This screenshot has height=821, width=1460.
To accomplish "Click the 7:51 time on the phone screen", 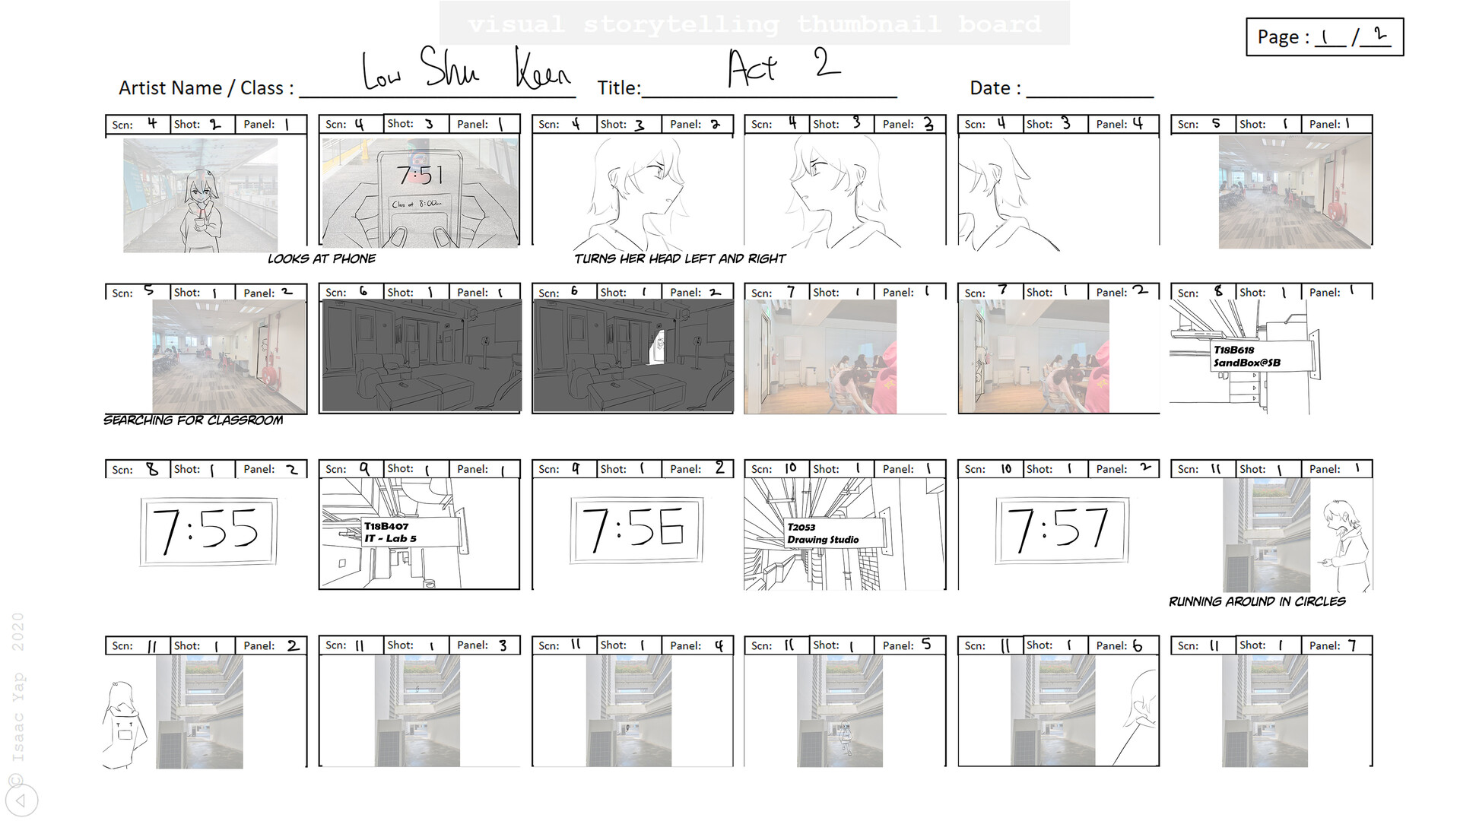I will pyautogui.click(x=419, y=176).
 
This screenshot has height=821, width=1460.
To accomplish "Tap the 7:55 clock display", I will pyautogui.click(x=208, y=531).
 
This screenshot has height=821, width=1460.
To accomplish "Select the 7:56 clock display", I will pyautogui.click(x=636, y=529).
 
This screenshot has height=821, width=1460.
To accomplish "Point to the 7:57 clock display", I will pyautogui.click(x=1062, y=529).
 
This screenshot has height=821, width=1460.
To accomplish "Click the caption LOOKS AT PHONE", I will pyautogui.click(x=321, y=259).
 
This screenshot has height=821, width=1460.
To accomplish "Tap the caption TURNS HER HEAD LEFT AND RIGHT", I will pyautogui.click(x=679, y=259).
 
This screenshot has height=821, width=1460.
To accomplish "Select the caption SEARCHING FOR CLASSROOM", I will pyautogui.click(x=193, y=420).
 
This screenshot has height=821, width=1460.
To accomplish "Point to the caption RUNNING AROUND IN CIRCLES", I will pyautogui.click(x=1256, y=601).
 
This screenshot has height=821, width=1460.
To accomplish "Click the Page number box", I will pyautogui.click(x=1324, y=37).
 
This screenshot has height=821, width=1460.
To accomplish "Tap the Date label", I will pyautogui.click(x=995, y=88).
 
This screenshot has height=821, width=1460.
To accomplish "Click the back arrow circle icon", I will pyautogui.click(x=21, y=800).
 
